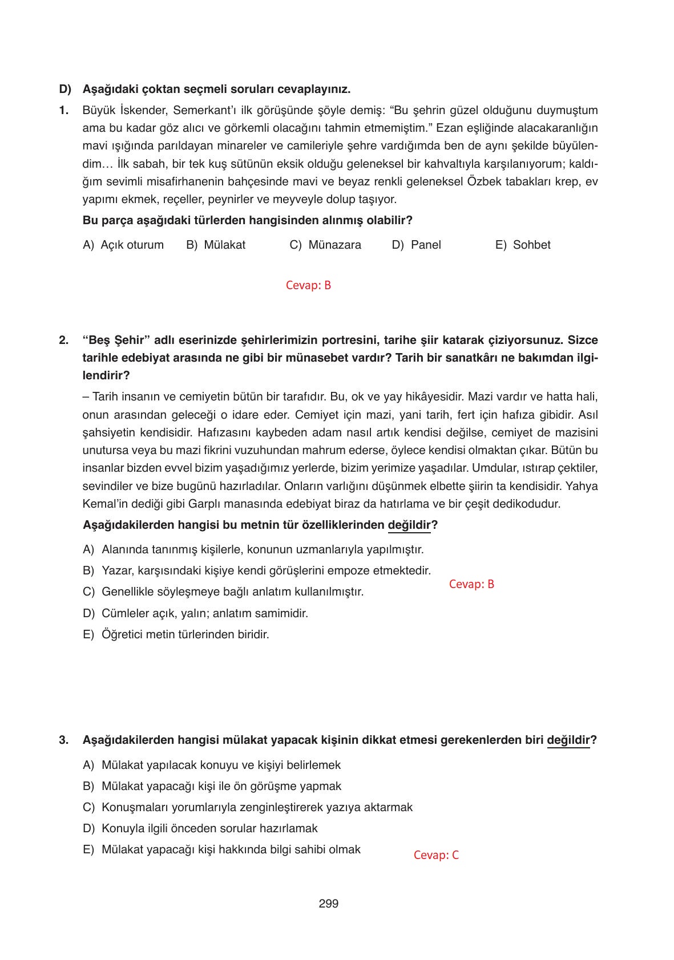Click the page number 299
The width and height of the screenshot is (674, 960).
328,904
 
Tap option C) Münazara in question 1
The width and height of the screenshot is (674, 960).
325,245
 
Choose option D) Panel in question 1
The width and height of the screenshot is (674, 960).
416,245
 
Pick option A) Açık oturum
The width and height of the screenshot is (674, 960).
123,245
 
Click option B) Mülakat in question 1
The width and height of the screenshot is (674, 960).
216,245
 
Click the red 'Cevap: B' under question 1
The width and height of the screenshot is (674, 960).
308,285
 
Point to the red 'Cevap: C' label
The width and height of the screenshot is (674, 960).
436,855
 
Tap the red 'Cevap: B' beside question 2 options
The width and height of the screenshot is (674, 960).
471,584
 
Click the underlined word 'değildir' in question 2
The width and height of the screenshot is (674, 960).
409,525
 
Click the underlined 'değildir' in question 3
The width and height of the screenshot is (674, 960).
568,740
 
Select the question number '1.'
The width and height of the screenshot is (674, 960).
64,110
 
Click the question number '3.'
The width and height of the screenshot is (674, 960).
64,740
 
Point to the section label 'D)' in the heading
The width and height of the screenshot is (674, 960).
65,90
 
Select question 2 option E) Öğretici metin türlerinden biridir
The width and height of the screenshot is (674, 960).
176,634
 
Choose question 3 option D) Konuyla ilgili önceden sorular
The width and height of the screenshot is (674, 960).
200,828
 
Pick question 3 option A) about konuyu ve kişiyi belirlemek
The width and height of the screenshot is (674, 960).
211,765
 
